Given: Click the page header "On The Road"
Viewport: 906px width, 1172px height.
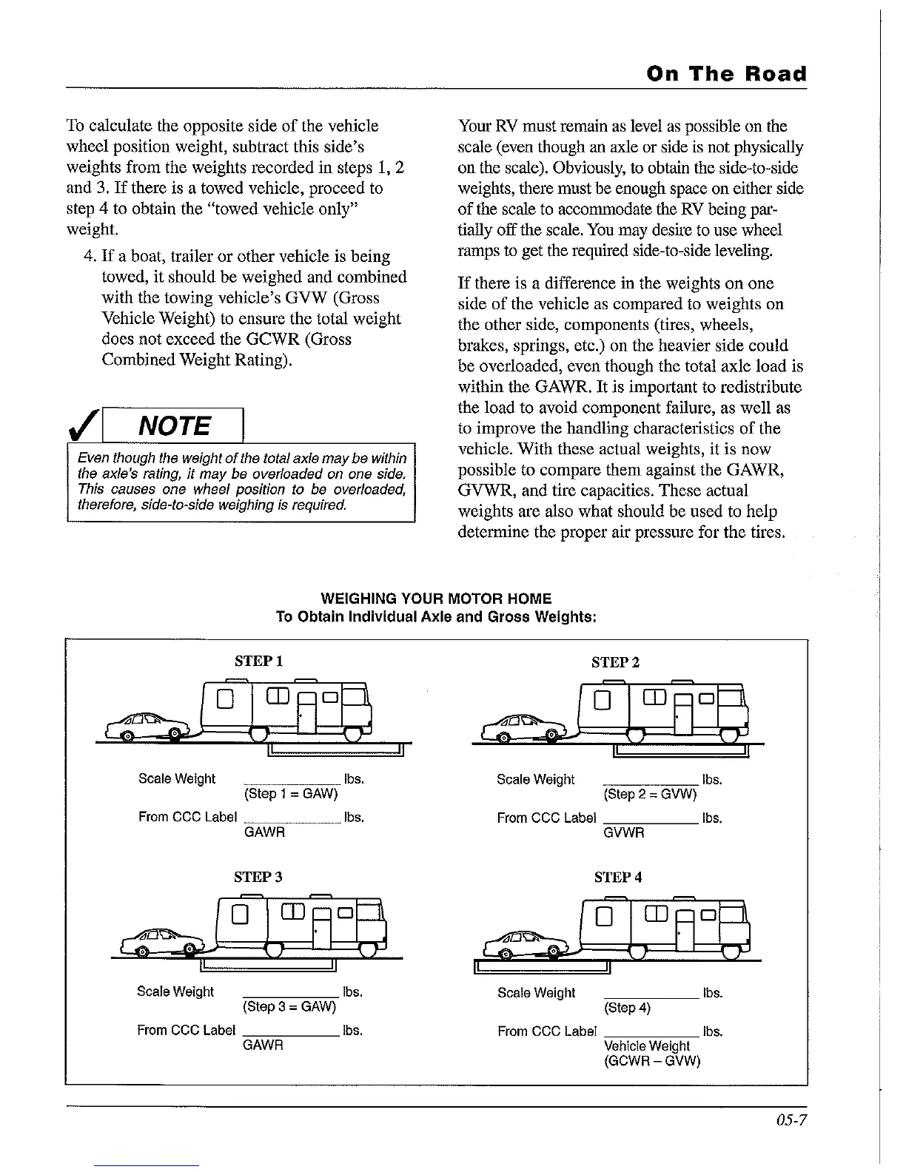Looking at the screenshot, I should click(726, 74).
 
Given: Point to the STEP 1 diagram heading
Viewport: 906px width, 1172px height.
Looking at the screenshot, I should click(258, 661).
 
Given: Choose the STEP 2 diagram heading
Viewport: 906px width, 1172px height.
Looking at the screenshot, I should click(615, 662).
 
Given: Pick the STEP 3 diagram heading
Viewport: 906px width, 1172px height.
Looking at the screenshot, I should click(258, 878).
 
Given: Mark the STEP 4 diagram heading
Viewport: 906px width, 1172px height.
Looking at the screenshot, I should click(617, 878).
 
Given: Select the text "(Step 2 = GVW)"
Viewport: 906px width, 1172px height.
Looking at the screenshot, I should click(650, 795).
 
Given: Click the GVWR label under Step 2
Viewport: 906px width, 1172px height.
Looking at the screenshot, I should click(624, 832).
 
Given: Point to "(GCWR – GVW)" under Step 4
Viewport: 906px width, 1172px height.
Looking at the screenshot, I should click(652, 1060).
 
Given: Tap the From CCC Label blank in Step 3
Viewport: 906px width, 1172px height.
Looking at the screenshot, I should click(291, 1034).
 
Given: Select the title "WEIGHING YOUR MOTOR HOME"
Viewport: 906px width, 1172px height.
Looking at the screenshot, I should click(436, 599).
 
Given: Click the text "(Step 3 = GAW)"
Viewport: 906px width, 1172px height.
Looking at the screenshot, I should click(289, 1007).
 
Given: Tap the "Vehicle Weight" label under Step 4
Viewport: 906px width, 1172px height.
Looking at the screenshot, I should click(646, 1045).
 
